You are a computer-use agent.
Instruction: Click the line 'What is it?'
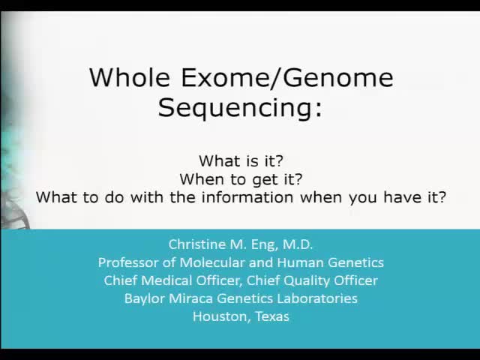(x=241, y=160)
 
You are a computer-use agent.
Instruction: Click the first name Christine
(x=197, y=244)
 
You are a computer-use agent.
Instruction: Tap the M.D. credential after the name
(x=295, y=244)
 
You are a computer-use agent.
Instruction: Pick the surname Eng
(x=262, y=244)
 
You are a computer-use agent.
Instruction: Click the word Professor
(x=127, y=262)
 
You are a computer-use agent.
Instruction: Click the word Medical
(x=163, y=280)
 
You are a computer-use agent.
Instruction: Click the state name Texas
(x=271, y=316)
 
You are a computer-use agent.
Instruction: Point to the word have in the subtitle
(x=400, y=197)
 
